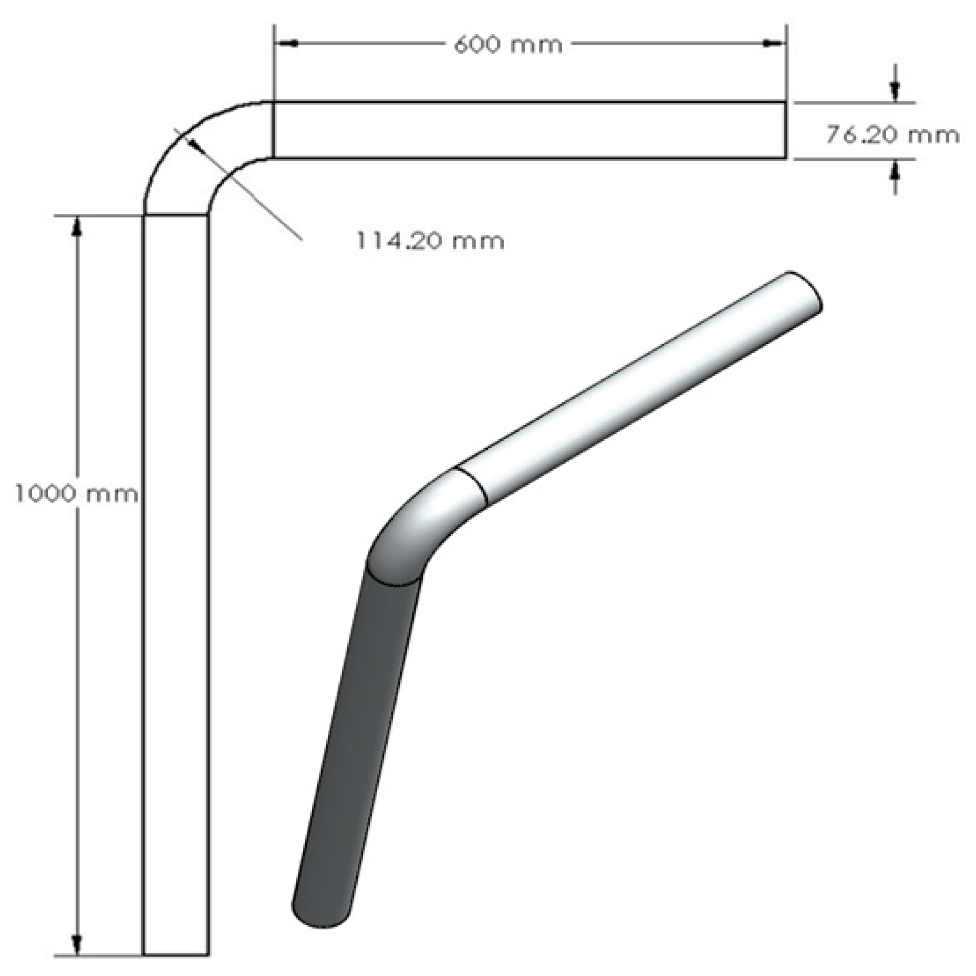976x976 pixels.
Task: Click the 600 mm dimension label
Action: pos(507,45)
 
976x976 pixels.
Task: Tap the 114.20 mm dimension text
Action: pos(430,241)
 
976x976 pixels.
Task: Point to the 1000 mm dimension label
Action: pos(77,494)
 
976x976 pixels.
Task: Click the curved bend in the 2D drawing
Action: pos(194,152)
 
